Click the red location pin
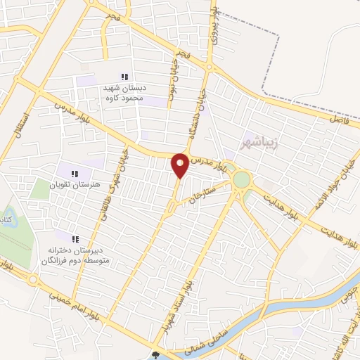[x=180, y=165]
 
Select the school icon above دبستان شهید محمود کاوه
[x=124, y=77]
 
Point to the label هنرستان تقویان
[x=76, y=185]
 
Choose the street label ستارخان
[x=200, y=192]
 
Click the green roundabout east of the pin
[x=241, y=180]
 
